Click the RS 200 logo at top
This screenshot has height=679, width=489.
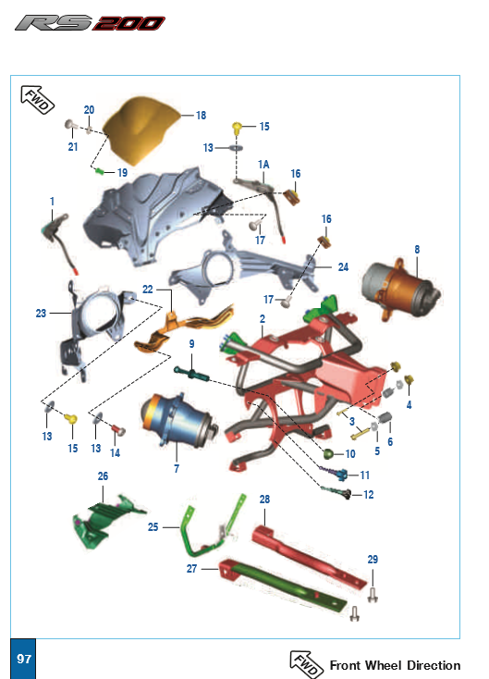point(90,23)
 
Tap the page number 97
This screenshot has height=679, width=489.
point(23,659)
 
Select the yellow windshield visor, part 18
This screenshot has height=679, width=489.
point(141,130)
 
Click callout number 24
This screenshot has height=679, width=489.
point(343,267)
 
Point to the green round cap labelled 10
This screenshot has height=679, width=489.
point(328,454)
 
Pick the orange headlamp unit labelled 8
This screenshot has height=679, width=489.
point(400,287)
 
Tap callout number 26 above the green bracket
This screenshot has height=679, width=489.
point(103,475)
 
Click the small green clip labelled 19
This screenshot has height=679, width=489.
point(100,171)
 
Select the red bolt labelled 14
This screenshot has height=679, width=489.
point(118,430)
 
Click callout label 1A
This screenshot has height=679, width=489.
point(263,165)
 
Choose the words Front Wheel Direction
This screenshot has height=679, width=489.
point(395,665)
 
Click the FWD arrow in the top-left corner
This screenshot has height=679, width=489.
point(38,100)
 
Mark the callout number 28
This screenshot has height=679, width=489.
point(264,500)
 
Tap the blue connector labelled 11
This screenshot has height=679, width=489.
point(341,475)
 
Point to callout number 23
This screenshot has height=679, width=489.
point(41,313)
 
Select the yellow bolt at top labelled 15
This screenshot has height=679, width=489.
point(237,129)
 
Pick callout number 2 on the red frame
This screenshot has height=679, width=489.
point(263,319)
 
